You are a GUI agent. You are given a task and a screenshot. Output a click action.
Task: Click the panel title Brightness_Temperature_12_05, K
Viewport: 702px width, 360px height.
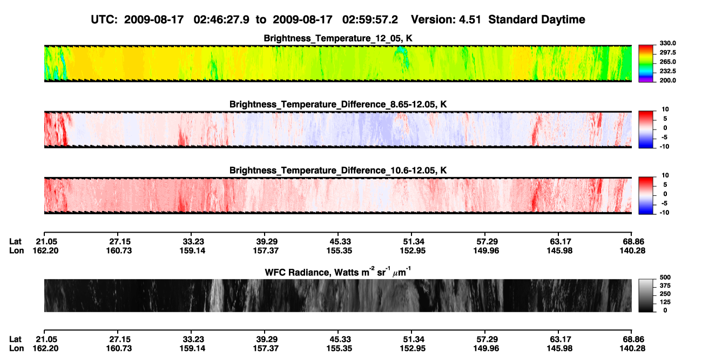click(x=338, y=38)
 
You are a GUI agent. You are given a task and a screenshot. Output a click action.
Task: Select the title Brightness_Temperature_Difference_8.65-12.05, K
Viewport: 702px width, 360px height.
click(x=338, y=104)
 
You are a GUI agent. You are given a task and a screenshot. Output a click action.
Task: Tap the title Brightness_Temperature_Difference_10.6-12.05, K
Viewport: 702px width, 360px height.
click(x=338, y=171)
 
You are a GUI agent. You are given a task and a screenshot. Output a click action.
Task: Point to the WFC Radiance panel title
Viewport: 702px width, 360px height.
click(x=338, y=272)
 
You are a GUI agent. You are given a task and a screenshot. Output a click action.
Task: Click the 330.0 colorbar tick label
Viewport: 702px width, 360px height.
click(x=667, y=43)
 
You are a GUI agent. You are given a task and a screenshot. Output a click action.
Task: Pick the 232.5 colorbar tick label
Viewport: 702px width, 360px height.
click(x=667, y=71)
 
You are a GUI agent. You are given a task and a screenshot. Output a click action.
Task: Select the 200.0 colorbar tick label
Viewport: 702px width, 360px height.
click(x=667, y=80)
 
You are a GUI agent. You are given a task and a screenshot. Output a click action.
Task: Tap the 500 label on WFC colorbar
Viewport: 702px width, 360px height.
click(x=665, y=277)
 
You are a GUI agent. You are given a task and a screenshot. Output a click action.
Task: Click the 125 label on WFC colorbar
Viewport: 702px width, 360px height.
click(x=665, y=302)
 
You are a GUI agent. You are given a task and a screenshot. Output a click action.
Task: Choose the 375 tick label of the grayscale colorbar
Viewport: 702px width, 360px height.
click(x=665, y=286)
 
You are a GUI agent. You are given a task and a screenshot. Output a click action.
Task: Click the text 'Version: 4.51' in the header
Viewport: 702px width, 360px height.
click(x=446, y=19)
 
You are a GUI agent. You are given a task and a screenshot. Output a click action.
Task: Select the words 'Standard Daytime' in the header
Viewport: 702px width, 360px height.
click(x=537, y=19)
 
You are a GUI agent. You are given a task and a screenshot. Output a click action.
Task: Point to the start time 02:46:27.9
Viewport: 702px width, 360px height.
click(x=221, y=19)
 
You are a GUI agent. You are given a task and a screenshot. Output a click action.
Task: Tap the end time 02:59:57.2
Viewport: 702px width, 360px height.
click(x=370, y=19)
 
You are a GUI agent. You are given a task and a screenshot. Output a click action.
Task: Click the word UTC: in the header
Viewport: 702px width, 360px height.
click(x=104, y=19)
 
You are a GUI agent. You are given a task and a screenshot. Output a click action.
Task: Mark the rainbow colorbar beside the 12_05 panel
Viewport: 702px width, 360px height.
click(x=646, y=64)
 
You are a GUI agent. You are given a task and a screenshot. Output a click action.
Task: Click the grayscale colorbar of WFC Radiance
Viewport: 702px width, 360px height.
click(x=646, y=295)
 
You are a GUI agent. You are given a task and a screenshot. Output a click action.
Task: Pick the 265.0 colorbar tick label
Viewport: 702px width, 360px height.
click(x=667, y=62)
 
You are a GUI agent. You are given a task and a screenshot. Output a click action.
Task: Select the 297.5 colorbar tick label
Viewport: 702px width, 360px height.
click(x=667, y=53)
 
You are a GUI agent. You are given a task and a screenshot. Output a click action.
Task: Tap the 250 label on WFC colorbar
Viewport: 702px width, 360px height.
click(x=665, y=294)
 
